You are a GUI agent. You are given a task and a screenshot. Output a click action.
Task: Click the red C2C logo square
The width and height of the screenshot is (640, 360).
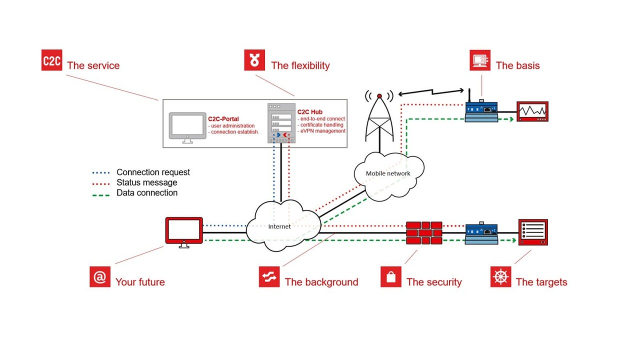pyautogui.click(x=51, y=60)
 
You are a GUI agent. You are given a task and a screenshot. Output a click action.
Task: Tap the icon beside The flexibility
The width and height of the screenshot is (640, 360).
pyautogui.click(x=254, y=60)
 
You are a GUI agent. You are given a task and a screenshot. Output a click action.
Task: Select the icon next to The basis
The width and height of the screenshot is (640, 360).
pyautogui.click(x=480, y=60)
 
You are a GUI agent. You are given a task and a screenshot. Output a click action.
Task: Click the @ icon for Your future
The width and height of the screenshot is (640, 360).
pyautogui.click(x=100, y=277)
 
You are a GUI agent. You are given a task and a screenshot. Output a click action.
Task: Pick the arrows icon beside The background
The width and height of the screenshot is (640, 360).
pyautogui.click(x=269, y=277)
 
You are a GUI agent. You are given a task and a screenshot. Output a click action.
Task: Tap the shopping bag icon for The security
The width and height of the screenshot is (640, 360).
pyautogui.click(x=391, y=277)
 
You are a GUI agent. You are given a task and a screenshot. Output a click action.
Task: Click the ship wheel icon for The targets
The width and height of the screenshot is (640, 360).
pyautogui.click(x=501, y=277)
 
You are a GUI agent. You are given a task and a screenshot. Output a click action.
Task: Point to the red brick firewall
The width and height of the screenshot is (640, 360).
pyautogui.click(x=424, y=233)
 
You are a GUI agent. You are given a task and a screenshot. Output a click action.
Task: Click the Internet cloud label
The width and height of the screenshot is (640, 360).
pyautogui.click(x=279, y=226)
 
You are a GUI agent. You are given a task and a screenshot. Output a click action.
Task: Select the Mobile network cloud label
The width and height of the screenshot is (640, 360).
pyautogui.click(x=388, y=173)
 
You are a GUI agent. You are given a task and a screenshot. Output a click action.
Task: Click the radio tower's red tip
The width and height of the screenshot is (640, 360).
pyautogui.click(x=379, y=96)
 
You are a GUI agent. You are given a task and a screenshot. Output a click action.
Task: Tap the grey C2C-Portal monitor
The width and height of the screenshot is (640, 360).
pyautogui.click(x=187, y=127)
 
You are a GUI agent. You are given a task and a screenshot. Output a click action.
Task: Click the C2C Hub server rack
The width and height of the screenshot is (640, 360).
pyautogui.click(x=281, y=123)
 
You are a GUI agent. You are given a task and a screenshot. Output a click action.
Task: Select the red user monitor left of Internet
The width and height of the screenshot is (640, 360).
pyautogui.click(x=184, y=232)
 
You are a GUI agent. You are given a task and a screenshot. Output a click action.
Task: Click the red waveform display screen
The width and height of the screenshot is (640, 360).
pyautogui.click(x=532, y=111)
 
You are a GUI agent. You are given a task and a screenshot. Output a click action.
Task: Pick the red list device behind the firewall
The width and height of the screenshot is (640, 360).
pyautogui.click(x=533, y=232)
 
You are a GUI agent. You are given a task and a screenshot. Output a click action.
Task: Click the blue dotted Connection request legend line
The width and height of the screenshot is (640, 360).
pyautogui.click(x=101, y=173)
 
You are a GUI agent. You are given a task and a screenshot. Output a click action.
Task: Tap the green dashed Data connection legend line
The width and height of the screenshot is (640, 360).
pyautogui.click(x=101, y=195)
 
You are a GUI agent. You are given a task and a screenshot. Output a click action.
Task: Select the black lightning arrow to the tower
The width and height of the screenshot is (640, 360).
pyautogui.click(x=431, y=92)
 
